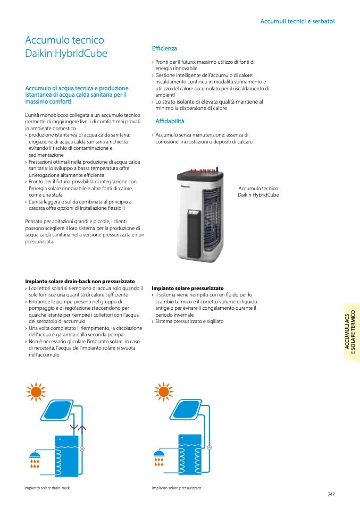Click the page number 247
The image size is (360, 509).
[331, 495]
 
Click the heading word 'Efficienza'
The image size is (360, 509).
[164, 48]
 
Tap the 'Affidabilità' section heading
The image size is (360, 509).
[170, 121]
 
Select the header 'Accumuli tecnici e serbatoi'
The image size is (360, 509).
[297, 21]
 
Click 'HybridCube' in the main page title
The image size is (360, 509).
[83, 53]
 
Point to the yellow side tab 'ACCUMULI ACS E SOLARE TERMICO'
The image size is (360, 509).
[351, 333]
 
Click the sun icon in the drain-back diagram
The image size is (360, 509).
[36, 392]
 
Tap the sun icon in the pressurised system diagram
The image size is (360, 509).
[163, 392]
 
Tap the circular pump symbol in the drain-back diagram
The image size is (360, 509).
[82, 449]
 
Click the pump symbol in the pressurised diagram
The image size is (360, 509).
[209, 447]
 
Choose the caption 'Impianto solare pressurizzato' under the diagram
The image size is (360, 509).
[176, 488]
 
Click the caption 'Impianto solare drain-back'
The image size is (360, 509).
[47, 488]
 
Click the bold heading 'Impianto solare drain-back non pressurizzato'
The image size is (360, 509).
[80, 281]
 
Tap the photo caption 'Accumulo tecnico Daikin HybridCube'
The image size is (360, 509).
[258, 192]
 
